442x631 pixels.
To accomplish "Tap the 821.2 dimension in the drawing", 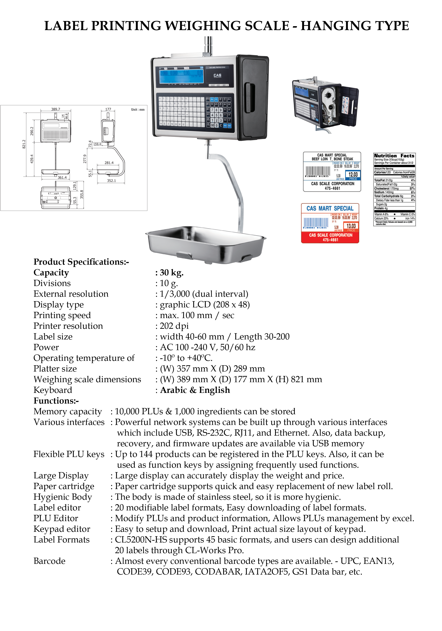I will coord(24,144).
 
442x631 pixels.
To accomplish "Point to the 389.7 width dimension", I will coord(56,109).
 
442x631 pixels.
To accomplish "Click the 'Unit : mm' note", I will coord(138,109).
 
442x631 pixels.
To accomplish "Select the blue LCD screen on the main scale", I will coord(182,74).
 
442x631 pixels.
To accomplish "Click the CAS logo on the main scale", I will coord(217,75).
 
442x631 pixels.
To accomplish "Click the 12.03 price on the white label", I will coord(353,175).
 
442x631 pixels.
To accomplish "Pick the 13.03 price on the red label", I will coord(351,226).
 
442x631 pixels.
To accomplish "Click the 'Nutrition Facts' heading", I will coord(394,155).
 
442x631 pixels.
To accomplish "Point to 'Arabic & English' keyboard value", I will coord(195,390).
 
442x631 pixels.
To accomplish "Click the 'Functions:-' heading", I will coord(56,401).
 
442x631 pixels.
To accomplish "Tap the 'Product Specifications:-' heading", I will coord(81,262).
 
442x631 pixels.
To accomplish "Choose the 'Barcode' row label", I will coord(50,561).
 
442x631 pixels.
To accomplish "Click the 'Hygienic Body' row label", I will coord(63,497).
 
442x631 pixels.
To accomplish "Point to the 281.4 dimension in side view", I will coord(109,163).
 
